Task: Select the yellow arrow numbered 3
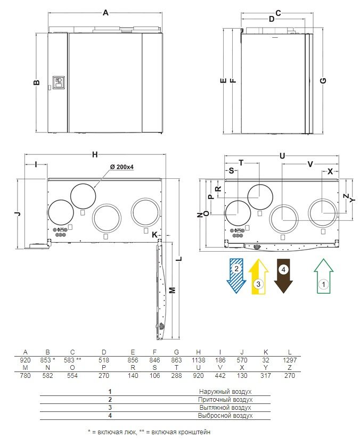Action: (258, 276)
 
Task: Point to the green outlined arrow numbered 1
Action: (324, 276)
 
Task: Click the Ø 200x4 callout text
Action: (122, 167)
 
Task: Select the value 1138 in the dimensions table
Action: (198, 360)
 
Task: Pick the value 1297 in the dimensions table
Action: (290, 360)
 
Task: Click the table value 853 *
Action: (47, 360)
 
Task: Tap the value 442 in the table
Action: (220, 376)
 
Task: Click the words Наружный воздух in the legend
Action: (225, 392)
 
